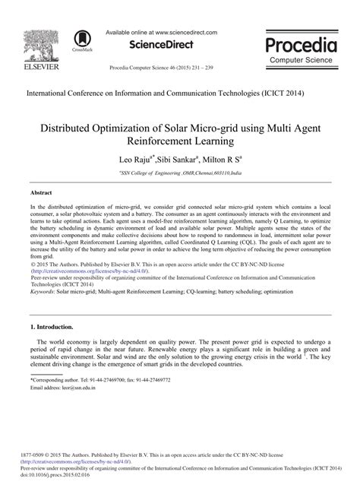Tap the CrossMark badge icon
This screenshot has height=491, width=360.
(81, 39)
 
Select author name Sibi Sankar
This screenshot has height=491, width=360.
(176, 161)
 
